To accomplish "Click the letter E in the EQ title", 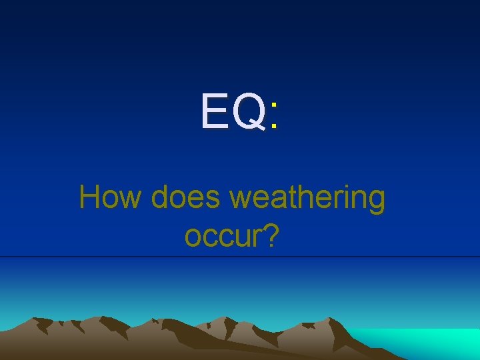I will (x=215, y=111).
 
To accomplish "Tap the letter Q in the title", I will (x=249, y=111).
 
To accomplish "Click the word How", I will (x=111, y=198).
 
